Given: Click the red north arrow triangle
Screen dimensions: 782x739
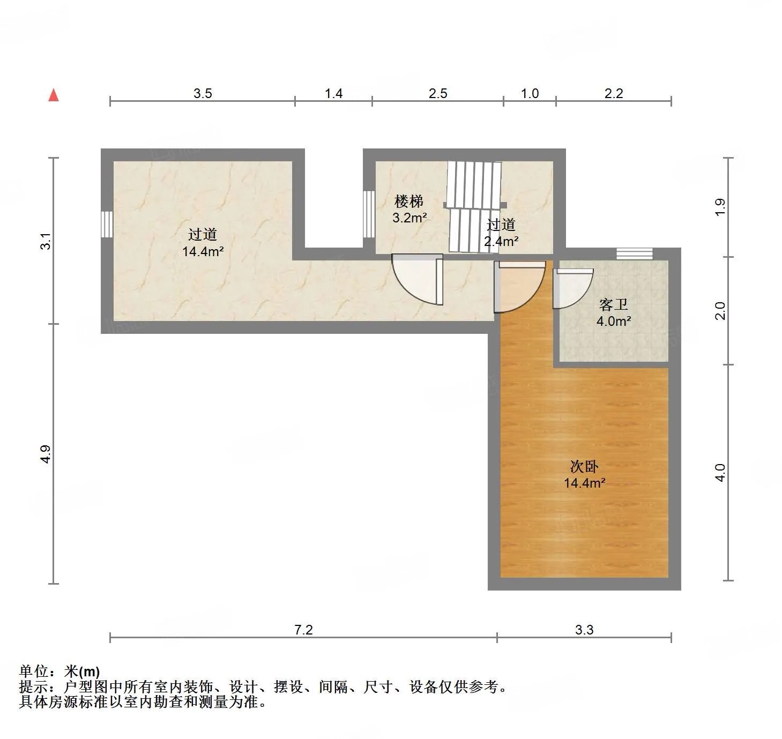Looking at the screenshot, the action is coord(54,95).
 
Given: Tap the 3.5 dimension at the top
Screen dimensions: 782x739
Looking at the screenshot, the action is coord(203,93).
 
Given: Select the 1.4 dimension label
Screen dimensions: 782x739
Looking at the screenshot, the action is coord(334,93).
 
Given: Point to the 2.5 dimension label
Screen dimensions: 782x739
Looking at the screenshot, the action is coord(438,93).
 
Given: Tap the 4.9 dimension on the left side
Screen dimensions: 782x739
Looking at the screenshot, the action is coord(46,454).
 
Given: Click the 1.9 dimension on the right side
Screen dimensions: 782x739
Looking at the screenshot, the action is coord(720,207).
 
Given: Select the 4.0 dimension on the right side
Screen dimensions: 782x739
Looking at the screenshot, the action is coord(720,473).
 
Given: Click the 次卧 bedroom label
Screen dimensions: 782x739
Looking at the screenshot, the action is coord(584,466).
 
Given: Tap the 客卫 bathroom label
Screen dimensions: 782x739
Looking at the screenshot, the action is coord(613,305).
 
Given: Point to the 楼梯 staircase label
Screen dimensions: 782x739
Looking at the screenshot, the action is coord(409,201).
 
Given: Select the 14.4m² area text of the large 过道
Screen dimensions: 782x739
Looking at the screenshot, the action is coord(203,251).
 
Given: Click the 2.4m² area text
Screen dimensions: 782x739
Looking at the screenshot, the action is coord(501,241).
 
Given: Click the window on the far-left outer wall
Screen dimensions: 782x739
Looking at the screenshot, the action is coord(107,225).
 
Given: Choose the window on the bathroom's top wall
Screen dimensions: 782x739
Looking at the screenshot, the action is coord(635,254).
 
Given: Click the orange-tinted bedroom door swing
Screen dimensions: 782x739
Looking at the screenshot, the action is coord(519,286).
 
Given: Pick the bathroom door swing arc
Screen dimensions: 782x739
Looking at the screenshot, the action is coord(573,288).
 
